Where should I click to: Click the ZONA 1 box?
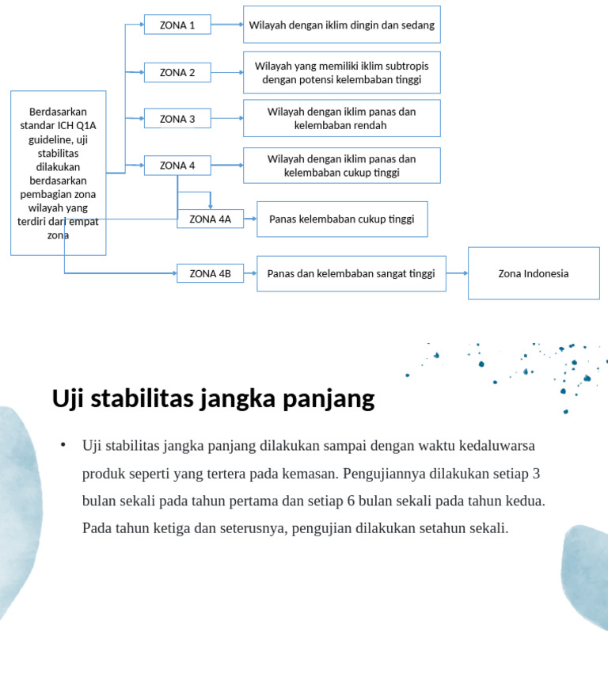click(177, 25)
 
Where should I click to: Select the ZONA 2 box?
click(177, 73)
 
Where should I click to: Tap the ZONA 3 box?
click(177, 119)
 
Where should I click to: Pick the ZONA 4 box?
click(177, 166)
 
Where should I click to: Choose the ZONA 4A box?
click(210, 219)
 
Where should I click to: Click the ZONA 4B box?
click(210, 273)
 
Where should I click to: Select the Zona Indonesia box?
click(534, 273)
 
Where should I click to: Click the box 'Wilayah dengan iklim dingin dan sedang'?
click(341, 25)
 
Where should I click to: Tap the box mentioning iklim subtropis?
click(341, 73)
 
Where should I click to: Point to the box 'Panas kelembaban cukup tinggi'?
click(341, 219)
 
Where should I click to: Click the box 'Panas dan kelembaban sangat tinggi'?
click(351, 273)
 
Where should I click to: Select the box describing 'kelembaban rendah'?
click(341, 118)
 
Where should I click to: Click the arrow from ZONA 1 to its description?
click(227, 25)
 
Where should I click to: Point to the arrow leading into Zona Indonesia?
click(457, 273)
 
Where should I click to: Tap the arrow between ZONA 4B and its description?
click(250, 273)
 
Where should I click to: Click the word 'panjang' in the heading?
click(336, 398)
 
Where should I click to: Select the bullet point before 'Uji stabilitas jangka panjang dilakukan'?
click(63, 444)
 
